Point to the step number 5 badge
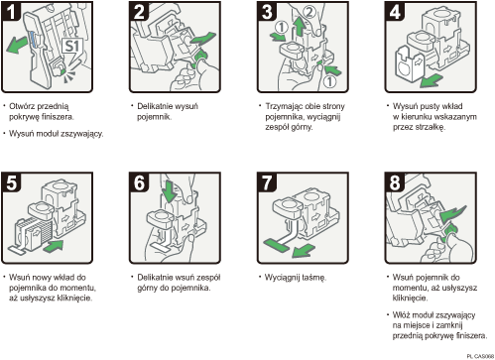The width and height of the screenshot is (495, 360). click(x=12, y=181)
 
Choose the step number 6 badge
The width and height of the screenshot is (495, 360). click(x=138, y=181)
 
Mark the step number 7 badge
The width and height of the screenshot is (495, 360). click(x=265, y=181)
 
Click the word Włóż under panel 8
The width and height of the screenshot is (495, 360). click(x=406, y=314)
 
